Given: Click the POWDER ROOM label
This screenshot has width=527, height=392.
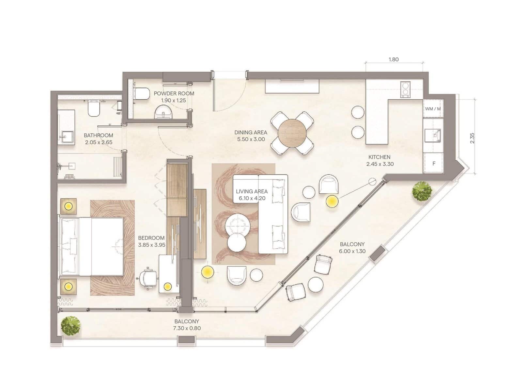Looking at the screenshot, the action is pos(174,93).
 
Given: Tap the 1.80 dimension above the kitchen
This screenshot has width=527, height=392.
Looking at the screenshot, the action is pos(394,59).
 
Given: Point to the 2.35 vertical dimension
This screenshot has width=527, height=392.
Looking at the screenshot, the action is pos(472,138).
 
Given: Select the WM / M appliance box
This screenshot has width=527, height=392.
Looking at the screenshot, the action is pos(433,108).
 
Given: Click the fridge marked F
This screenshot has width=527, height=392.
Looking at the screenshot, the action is pos(433,163).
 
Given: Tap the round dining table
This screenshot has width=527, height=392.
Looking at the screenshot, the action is pos(292,133).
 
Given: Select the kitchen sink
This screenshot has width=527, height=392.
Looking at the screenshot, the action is pos(433,136).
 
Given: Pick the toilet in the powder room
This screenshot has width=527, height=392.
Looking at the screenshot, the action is pos(141,93).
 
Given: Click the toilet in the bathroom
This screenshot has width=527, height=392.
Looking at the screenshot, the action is pos(94,108).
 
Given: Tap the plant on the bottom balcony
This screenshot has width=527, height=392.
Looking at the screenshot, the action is pos(70,326).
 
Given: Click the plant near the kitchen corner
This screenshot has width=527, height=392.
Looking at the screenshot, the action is pos(422,191).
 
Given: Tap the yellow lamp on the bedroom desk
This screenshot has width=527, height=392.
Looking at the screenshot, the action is pos(168,286).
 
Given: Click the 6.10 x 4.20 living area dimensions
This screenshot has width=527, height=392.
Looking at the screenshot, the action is pos(252,198).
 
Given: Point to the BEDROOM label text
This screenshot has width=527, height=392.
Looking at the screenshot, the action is pos(151,238).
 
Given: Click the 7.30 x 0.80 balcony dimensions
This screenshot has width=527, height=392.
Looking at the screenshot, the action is pos(187,328).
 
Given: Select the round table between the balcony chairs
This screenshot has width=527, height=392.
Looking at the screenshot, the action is pos(315,285).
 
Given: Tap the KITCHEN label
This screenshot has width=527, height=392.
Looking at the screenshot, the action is pos(379,157).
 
